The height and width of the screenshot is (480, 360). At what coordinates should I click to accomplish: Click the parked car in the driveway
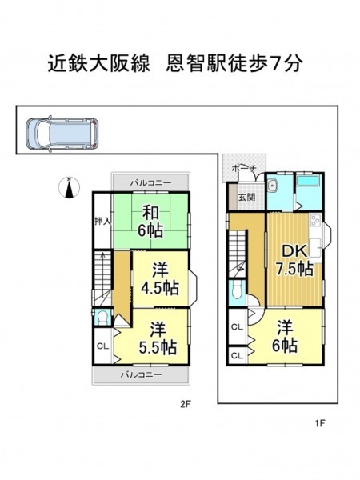(62, 133)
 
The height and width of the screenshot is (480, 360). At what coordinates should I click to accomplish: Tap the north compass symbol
(69, 187)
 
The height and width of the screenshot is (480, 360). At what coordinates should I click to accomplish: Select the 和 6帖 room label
(150, 222)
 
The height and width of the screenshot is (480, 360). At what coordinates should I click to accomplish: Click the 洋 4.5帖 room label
(160, 278)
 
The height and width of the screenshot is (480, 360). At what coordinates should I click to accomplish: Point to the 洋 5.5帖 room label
(158, 338)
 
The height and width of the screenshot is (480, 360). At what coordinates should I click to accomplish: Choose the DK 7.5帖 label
(294, 260)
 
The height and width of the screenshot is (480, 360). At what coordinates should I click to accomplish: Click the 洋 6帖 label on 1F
(284, 336)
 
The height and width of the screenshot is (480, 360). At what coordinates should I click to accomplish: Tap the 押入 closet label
(102, 222)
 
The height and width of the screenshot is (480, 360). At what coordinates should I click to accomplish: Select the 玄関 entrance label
(246, 197)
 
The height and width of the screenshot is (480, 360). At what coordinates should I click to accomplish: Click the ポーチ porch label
(244, 168)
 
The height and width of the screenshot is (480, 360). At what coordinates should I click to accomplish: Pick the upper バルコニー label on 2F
(150, 183)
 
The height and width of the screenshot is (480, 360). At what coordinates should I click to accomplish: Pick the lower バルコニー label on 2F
(141, 374)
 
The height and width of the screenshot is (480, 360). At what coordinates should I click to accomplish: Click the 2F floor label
(186, 404)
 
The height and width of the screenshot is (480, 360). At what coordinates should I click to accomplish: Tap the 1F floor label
(320, 423)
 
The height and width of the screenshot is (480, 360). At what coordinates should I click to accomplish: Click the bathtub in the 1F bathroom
(309, 181)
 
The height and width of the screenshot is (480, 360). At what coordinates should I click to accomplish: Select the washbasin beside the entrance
(272, 185)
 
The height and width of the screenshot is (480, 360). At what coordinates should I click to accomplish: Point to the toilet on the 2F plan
(102, 318)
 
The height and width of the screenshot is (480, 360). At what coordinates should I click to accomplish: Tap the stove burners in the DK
(315, 221)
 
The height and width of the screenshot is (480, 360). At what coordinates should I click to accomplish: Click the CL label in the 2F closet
(102, 346)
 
